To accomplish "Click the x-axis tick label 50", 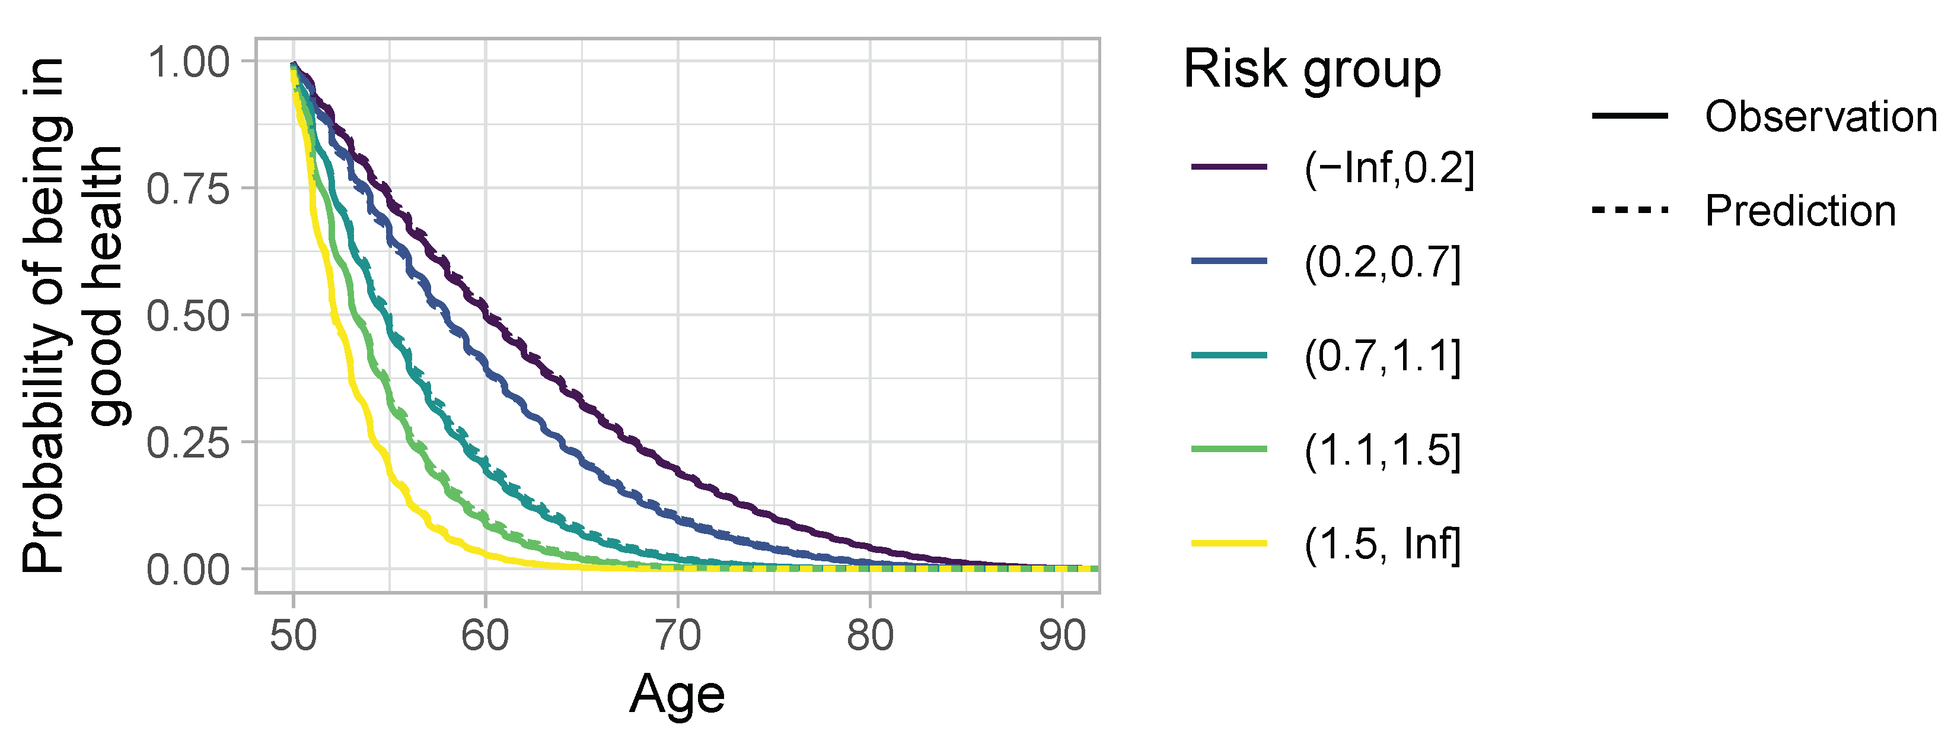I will (293, 636).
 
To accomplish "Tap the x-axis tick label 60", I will (486, 636).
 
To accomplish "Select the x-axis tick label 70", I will (678, 636).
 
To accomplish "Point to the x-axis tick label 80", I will (870, 636).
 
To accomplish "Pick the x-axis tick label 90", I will (1062, 636).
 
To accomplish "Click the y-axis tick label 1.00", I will (188, 62).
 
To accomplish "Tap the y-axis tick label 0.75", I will (188, 189).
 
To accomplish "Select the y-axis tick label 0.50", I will (188, 316).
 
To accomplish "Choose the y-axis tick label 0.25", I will (188, 443).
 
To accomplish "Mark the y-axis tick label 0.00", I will (188, 570).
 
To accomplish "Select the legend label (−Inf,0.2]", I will (1389, 167).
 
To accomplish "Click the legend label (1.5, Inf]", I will (1382, 544).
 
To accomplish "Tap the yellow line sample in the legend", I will (1229, 543).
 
